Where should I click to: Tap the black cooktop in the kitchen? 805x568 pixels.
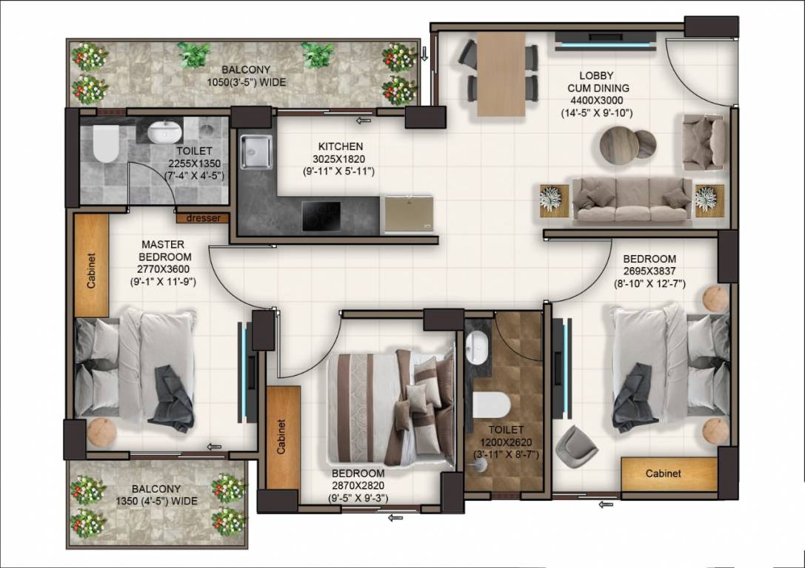pos(321,215)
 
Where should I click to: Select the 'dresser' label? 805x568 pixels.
pos(202,218)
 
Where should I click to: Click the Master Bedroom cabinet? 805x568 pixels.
pos(91,266)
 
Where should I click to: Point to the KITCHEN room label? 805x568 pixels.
pos(341,146)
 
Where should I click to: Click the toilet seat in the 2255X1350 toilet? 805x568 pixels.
pos(106,143)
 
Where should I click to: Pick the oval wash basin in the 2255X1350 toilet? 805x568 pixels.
pos(164,132)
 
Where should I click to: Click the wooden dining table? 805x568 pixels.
pos(501,74)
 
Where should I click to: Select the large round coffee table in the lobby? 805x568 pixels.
pos(618,145)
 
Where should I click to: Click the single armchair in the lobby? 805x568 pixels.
pos(703,141)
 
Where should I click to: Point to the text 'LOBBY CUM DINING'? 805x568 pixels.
pos(595,82)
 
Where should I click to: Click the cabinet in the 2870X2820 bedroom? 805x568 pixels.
pos(282,437)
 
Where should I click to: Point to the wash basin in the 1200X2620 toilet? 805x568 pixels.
pos(478,343)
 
